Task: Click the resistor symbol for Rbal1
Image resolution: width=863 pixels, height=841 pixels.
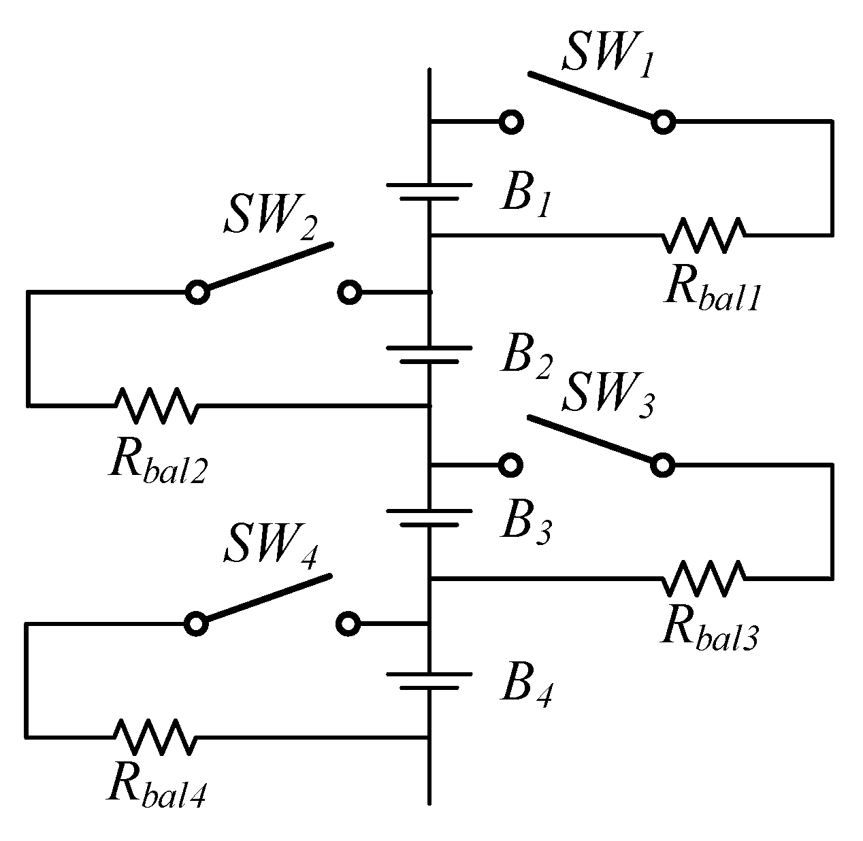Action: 703,235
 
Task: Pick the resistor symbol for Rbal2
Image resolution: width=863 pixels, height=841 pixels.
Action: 157,405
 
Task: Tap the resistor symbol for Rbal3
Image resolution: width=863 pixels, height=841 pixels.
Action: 703,578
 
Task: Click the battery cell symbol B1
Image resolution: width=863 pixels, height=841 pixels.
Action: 429,191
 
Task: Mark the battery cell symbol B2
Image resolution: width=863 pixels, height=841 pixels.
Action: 429,354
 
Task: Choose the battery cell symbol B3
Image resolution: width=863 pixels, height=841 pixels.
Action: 429,517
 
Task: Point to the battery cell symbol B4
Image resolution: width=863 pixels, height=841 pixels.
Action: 429,680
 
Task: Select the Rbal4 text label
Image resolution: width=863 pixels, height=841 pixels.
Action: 157,788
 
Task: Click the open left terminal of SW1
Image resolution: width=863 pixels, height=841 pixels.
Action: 511,122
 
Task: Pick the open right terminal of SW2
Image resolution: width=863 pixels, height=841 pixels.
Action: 349,293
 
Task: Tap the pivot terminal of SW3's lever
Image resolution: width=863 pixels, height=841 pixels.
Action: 662,465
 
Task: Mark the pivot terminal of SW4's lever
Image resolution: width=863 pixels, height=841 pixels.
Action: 196,623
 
